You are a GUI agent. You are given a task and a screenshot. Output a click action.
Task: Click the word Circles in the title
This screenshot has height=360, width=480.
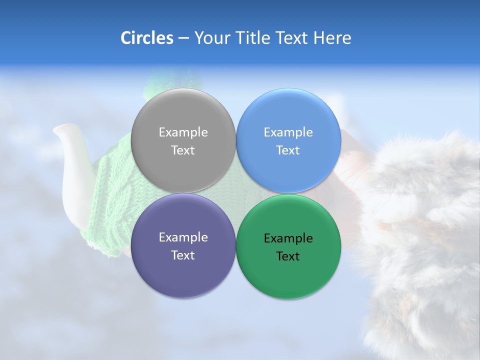146,38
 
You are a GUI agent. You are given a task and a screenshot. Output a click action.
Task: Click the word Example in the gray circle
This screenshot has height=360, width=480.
183,132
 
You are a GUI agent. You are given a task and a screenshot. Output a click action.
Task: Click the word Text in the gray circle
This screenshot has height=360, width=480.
183,150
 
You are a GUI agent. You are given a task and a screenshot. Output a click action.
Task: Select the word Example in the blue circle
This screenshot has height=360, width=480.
288,132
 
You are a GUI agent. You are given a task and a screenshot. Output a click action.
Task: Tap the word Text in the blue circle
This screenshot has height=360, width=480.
288,150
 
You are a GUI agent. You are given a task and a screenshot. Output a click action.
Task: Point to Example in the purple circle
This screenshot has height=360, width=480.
183,237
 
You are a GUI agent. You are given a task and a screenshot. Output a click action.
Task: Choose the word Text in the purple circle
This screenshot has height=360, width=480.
183,255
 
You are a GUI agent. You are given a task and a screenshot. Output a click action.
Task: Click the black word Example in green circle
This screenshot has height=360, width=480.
288,238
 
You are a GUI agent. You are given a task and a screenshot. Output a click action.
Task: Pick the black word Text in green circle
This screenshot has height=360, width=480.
288,256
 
